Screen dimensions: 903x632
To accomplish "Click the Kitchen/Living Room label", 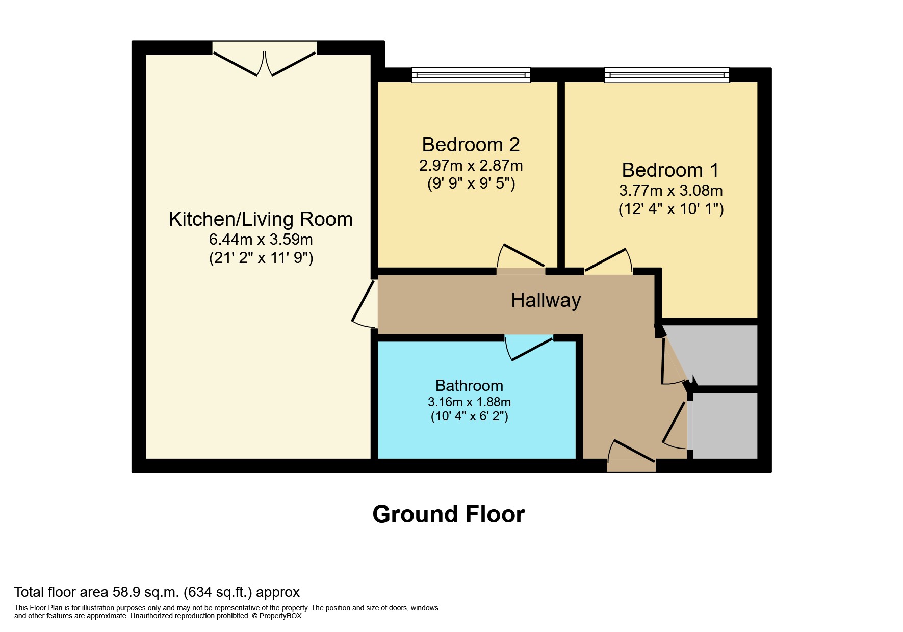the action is coord(261,220).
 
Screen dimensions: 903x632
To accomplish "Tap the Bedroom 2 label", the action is coord(471,145).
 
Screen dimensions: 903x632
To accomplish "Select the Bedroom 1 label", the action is coord(670,170).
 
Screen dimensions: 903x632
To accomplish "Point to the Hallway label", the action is coord(546,300).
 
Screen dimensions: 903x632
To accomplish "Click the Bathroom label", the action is coord(469,386).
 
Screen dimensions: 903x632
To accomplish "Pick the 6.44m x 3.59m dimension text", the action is coord(261,239).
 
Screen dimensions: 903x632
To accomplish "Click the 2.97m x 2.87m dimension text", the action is coord(471,166).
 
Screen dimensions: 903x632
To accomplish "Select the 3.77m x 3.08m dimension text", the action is coord(670,191).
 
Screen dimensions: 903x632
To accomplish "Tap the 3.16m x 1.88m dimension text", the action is coord(469,402).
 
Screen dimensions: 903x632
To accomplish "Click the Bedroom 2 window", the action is coord(471,75).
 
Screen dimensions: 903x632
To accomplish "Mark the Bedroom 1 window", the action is coord(666,75).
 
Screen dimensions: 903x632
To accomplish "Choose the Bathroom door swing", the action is coord(529,348).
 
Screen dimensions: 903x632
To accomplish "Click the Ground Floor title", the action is coord(449,514).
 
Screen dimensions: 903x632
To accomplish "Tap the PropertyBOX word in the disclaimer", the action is coord(280,616).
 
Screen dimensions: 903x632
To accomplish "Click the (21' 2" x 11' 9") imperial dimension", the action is coord(261,258).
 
